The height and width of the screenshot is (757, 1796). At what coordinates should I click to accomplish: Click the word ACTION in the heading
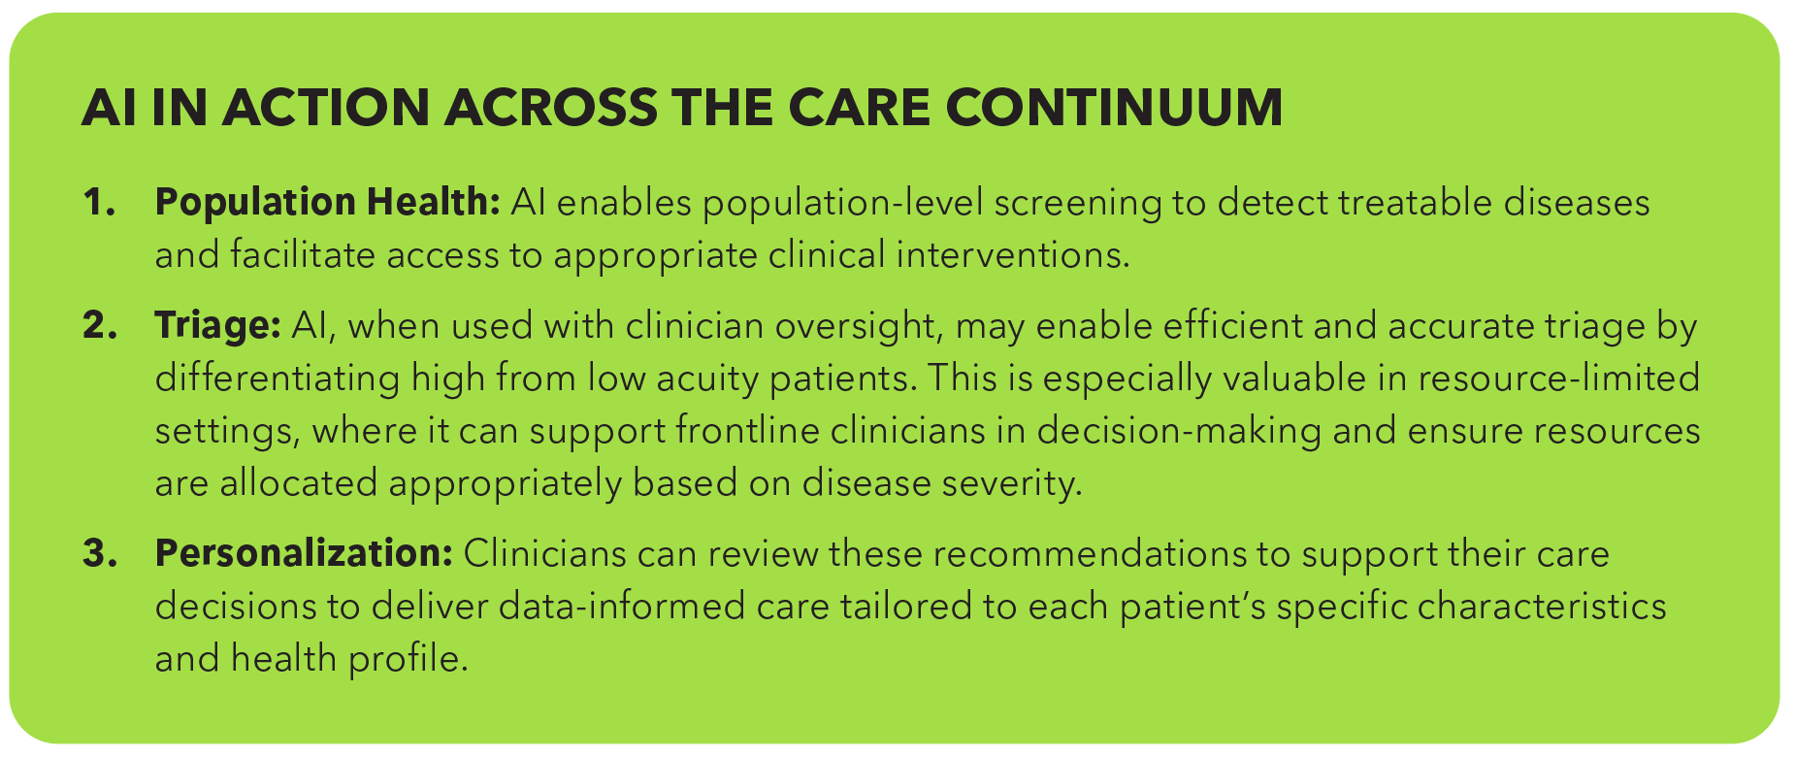click(x=325, y=107)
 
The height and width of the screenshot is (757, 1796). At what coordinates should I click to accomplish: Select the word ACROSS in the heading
click(x=550, y=107)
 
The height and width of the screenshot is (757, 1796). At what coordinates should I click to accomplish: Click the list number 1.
click(x=99, y=203)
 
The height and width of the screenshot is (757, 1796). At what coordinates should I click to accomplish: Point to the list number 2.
click(x=99, y=325)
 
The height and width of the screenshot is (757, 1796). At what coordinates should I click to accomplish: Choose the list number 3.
click(x=99, y=553)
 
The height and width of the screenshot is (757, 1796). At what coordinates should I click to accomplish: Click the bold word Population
click(x=256, y=204)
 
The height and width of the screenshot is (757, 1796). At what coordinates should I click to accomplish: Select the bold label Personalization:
click(x=304, y=553)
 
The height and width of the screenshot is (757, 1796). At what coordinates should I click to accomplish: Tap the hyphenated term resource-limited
click(x=1558, y=378)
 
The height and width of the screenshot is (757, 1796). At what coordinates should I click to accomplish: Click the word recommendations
click(x=1111, y=553)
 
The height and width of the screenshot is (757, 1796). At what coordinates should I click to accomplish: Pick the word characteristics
click(x=1542, y=606)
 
